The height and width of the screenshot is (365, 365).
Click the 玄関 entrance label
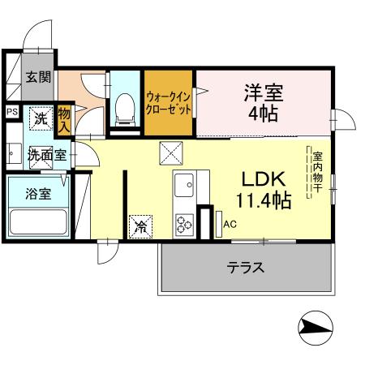37,78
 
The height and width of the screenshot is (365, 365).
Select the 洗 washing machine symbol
41,119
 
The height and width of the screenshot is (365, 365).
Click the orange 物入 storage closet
65,121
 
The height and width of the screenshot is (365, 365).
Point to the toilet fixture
125,108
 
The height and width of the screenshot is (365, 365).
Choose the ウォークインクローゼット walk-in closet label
169,103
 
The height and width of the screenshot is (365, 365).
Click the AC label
230,224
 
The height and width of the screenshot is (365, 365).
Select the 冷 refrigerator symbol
141,226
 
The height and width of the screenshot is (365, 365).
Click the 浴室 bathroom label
39,195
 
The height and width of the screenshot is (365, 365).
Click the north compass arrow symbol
316,328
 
